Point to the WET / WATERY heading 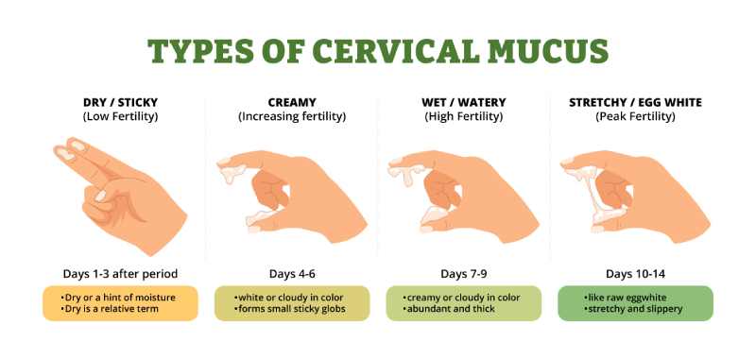(x=462, y=103)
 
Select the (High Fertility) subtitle (x=462, y=118)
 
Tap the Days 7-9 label (x=462, y=274)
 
